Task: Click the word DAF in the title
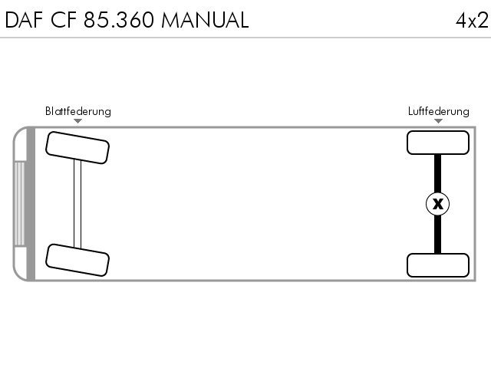[24, 20]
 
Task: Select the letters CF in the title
[64, 20]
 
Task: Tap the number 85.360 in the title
[119, 20]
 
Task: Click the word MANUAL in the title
[205, 20]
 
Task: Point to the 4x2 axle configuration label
[472, 21]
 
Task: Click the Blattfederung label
[78, 111]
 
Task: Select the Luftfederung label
[438, 111]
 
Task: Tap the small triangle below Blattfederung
[78, 121]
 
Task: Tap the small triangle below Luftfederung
[438, 121]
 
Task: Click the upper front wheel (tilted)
[77, 148]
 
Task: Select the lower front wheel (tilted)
[77, 260]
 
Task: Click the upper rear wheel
[438, 143]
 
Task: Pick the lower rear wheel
[438, 265]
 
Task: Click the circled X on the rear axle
[438, 204]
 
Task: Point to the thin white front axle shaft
[77, 204]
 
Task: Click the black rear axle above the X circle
[438, 173]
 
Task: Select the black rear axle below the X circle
[438, 235]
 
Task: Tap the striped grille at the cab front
[19, 204]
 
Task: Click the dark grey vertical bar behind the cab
[31, 204]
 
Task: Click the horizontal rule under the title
[245, 38]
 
